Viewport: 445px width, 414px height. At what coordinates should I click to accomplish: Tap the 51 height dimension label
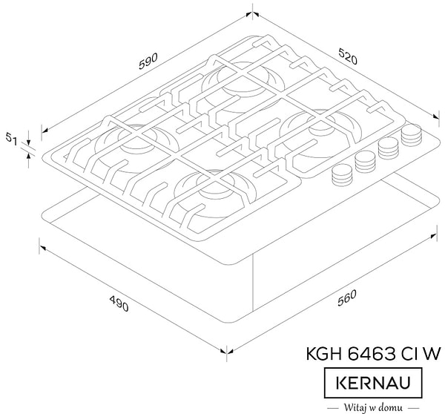[11, 138]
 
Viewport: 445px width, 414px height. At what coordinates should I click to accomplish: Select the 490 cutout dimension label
[119, 304]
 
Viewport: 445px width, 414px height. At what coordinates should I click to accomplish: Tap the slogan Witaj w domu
[374, 407]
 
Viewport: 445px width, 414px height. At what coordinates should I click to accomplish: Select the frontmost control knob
[341, 176]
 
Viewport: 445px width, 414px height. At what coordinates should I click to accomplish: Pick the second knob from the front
[365, 161]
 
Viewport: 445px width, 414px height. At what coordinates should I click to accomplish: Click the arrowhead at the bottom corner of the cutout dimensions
[226, 352]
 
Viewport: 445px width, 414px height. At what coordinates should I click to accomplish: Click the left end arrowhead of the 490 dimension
[41, 243]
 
